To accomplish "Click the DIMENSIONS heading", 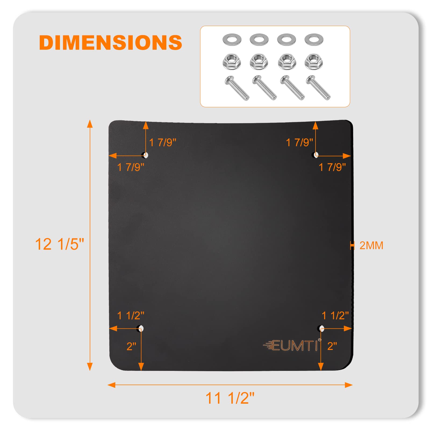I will coord(110,42).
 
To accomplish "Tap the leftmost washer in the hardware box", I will coord(232,40).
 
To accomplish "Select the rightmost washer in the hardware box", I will coord(314,40).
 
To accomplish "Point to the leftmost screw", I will coord(237,88).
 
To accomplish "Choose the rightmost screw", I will coord(318,88).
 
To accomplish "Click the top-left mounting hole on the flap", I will coord(145,155).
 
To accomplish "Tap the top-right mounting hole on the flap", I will coord(316,155).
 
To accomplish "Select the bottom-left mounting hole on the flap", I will coord(141,328).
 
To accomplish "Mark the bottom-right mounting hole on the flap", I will coord(321,328).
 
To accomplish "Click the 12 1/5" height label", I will coord(59,244).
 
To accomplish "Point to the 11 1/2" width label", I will coord(230,398).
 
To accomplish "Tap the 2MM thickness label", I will coord(371,245).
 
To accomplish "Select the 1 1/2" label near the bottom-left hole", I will coord(131,316).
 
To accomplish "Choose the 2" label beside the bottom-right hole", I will coord(332,346).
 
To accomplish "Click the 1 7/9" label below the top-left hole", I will coord(131,167).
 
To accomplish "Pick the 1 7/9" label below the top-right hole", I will coord(332,167).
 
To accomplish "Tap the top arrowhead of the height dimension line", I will coord(90,124).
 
